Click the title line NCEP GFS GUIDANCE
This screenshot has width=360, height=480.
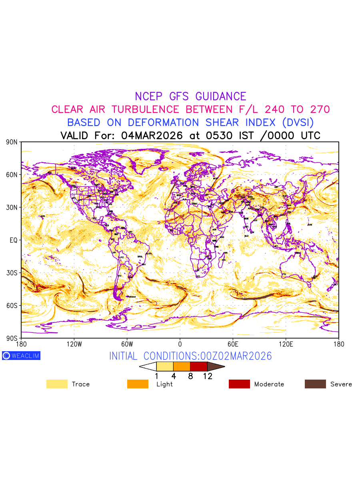pyautogui.click(x=190, y=96)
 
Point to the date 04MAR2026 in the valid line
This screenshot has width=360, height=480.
pyautogui.click(x=152, y=135)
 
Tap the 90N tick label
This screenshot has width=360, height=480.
pyautogui.click(x=12, y=142)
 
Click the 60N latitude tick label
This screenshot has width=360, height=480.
pyautogui.click(x=12, y=175)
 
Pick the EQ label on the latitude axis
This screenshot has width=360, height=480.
pyautogui.click(x=14, y=240)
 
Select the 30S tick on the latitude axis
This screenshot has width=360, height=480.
pyautogui.click(x=12, y=273)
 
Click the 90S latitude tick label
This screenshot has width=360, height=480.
pyautogui.click(x=12, y=338)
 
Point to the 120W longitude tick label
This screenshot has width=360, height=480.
pyautogui.click(x=74, y=344)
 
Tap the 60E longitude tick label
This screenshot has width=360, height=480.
pyautogui.click(x=233, y=344)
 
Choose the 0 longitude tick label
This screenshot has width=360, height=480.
pyautogui.click(x=180, y=344)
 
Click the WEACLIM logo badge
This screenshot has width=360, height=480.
pyautogui.click(x=21, y=356)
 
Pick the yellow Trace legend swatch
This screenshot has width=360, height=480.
pyautogui.click(x=57, y=384)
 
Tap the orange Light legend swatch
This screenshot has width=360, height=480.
pyautogui.click(x=138, y=384)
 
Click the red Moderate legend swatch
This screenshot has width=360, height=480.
pyautogui.click(x=239, y=384)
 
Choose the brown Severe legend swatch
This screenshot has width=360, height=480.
pyautogui.click(x=315, y=384)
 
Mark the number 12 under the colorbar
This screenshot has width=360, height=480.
pyautogui.click(x=207, y=376)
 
